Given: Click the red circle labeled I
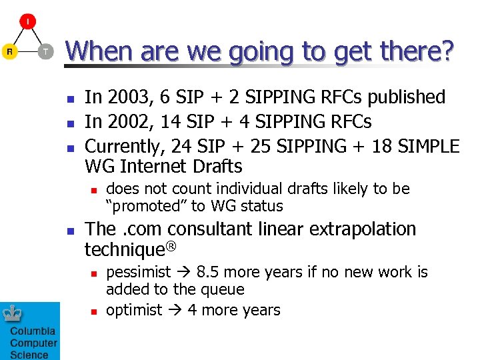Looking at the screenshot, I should coord(27,22).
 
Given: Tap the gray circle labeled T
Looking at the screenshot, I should coord(45,51).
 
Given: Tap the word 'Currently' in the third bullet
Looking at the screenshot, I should coord(124,145).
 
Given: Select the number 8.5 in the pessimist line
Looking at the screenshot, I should coord(210,273).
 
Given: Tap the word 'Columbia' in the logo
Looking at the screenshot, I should coord(32,331).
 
